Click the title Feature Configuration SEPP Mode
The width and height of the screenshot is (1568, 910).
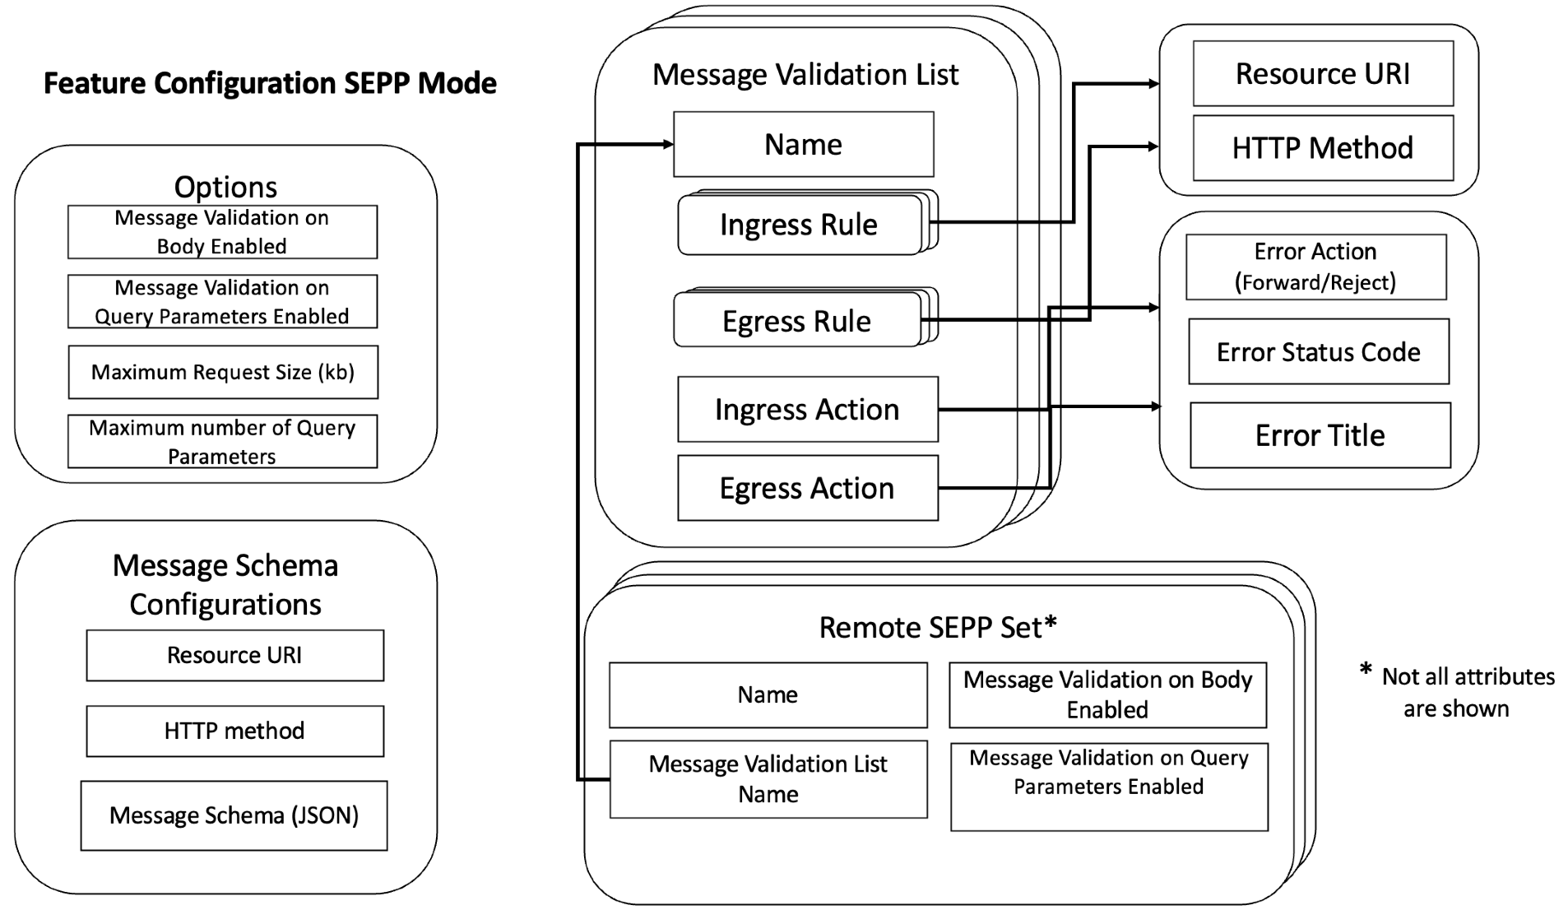(270, 83)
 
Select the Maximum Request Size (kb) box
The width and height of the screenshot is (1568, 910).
(222, 372)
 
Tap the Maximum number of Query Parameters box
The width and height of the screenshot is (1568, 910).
(222, 442)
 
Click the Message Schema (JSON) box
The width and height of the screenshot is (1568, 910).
(234, 815)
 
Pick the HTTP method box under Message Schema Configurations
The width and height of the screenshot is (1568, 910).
(234, 731)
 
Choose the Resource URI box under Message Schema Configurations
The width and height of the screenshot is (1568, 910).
(234, 655)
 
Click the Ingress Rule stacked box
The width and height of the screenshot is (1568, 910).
(799, 225)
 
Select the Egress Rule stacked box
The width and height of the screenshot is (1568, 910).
(796, 321)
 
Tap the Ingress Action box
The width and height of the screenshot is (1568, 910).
(807, 409)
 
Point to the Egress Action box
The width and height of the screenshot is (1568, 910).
(807, 488)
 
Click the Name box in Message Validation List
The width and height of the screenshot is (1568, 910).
(803, 144)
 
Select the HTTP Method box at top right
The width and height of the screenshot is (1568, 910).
(1322, 148)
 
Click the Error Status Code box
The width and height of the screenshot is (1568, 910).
(1318, 352)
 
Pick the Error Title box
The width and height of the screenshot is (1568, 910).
(1320, 435)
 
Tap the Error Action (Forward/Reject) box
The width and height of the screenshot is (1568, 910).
(1315, 267)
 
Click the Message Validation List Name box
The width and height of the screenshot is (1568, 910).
(768, 778)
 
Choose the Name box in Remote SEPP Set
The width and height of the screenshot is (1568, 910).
(768, 694)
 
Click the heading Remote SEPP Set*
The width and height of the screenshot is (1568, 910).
(938, 627)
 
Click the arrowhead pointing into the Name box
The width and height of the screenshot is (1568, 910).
(668, 145)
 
